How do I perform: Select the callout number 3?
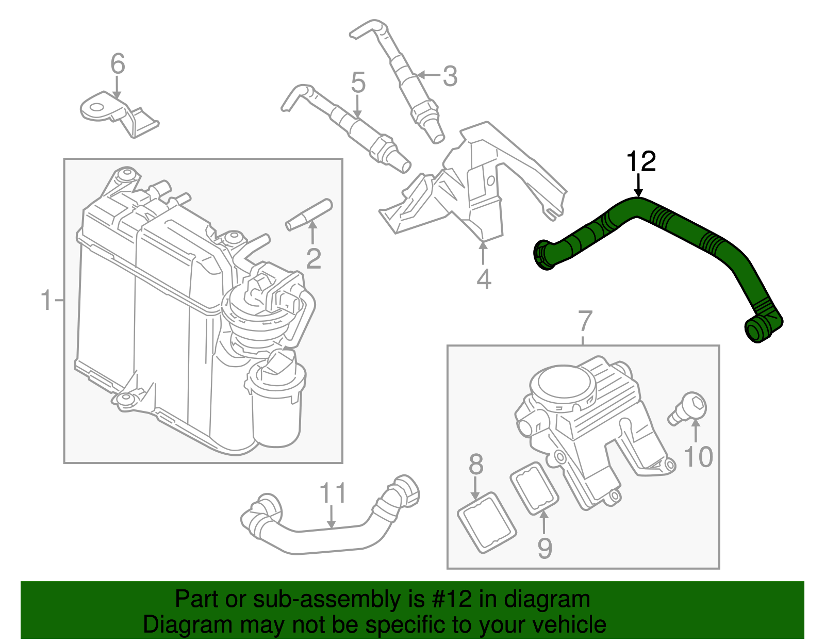450,76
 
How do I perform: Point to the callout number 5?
358,82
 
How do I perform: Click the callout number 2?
313,258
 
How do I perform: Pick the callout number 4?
483,279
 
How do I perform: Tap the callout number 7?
585,321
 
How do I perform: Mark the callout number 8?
476,464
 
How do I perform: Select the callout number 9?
544,548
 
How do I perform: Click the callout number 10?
698,457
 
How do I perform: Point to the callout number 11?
333,493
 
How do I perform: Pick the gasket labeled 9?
534,488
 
